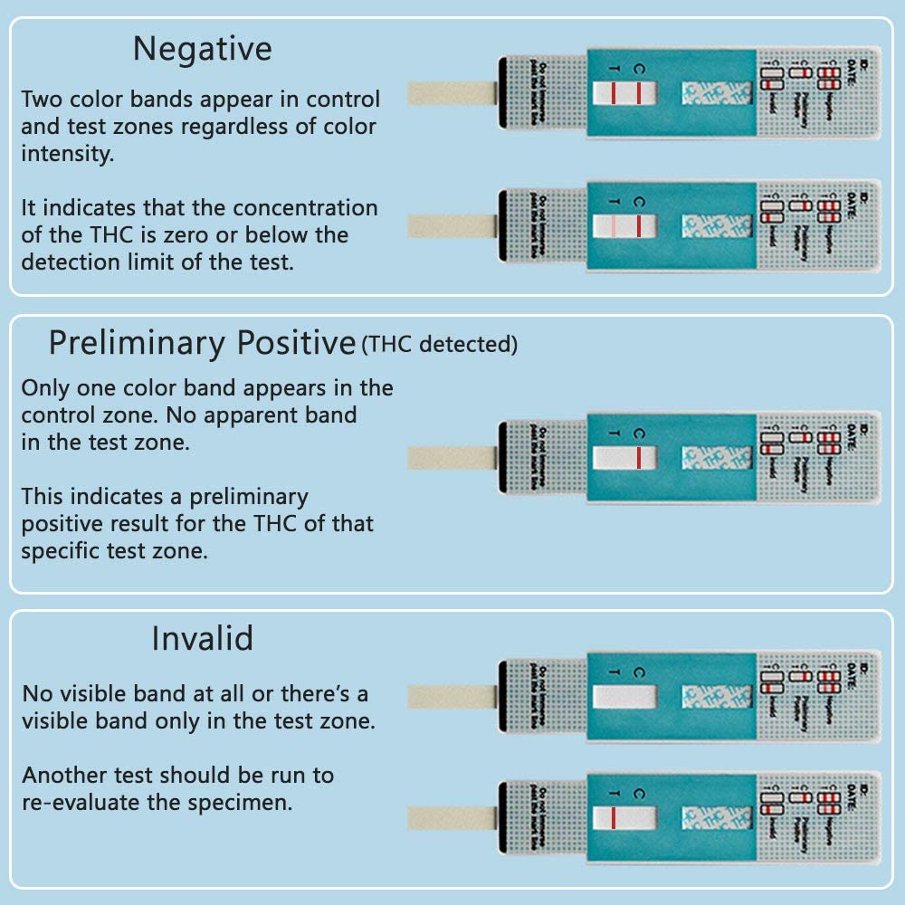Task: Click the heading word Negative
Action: pos(202,49)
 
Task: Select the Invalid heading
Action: pos(202,639)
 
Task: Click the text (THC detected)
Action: pos(440,345)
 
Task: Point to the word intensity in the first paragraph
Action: pos(68,153)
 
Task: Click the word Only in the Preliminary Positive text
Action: pos(44,389)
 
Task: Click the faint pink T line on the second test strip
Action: pos(613,225)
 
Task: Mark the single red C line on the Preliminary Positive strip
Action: pos(639,457)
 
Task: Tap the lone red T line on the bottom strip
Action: pos(613,818)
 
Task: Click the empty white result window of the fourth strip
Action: pos(624,698)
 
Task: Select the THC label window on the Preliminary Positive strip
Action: pos(717,457)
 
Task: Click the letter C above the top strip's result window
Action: pos(639,68)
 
